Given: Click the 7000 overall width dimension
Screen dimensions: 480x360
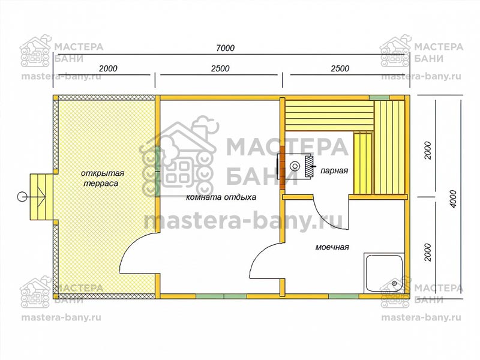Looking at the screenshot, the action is (226, 48).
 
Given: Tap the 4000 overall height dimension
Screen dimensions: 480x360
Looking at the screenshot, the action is (454, 199).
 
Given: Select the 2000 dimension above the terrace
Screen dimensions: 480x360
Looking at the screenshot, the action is (108, 68).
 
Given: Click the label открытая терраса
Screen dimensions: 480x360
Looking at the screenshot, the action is (102, 178).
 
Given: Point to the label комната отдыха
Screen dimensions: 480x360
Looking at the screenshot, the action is (221, 197).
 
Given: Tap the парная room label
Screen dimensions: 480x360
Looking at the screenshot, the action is (334, 170).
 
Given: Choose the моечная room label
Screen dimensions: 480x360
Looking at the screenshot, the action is (332, 247).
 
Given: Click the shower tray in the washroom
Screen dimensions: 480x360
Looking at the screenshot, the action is (384, 273).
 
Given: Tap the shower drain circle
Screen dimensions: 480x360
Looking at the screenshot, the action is (394, 284).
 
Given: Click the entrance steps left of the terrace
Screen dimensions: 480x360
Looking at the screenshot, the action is (41, 197).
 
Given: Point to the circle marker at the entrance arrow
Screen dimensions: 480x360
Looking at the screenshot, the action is (22, 196).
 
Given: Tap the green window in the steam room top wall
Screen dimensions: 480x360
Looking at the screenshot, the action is (379, 98).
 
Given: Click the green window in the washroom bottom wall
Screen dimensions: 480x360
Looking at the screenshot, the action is (343, 296).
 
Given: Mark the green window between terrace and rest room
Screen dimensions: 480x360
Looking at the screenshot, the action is (157, 172).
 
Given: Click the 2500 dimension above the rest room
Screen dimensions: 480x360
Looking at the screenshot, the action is (220, 68).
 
